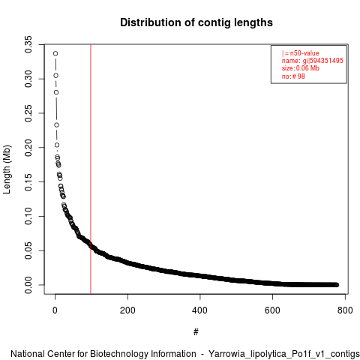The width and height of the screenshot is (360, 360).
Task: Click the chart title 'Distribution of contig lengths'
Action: pos(196,22)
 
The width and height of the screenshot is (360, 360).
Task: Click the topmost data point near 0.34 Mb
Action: pos(55,53)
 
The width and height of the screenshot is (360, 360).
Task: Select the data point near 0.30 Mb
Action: pos(56,76)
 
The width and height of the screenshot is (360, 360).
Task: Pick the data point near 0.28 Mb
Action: pos(56,92)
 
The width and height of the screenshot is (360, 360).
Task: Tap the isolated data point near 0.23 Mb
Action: pos(57,125)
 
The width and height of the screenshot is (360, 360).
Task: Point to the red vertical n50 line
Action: pos(91,169)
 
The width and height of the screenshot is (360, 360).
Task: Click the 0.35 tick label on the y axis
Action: pos(28,44)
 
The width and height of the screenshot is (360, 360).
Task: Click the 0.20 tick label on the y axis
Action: pos(28,148)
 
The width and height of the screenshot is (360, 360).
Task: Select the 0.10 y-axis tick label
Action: pos(28,216)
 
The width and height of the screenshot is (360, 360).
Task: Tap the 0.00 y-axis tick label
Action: pos(28,285)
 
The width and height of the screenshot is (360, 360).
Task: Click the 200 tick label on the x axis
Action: pos(127,310)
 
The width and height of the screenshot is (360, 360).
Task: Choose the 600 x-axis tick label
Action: pos(272,310)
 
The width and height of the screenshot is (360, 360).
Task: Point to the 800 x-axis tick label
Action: pos(345,310)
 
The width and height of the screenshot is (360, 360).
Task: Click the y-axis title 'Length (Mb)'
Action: pos(7,169)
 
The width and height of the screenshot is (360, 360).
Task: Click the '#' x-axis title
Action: pos(196,332)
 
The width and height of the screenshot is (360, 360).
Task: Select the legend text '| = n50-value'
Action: pos(301,53)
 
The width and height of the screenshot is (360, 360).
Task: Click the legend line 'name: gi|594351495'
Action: pos(313,61)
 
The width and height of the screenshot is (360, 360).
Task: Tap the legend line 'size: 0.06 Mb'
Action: pos(301,68)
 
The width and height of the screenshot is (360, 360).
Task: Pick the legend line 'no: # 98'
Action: pos(293,76)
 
